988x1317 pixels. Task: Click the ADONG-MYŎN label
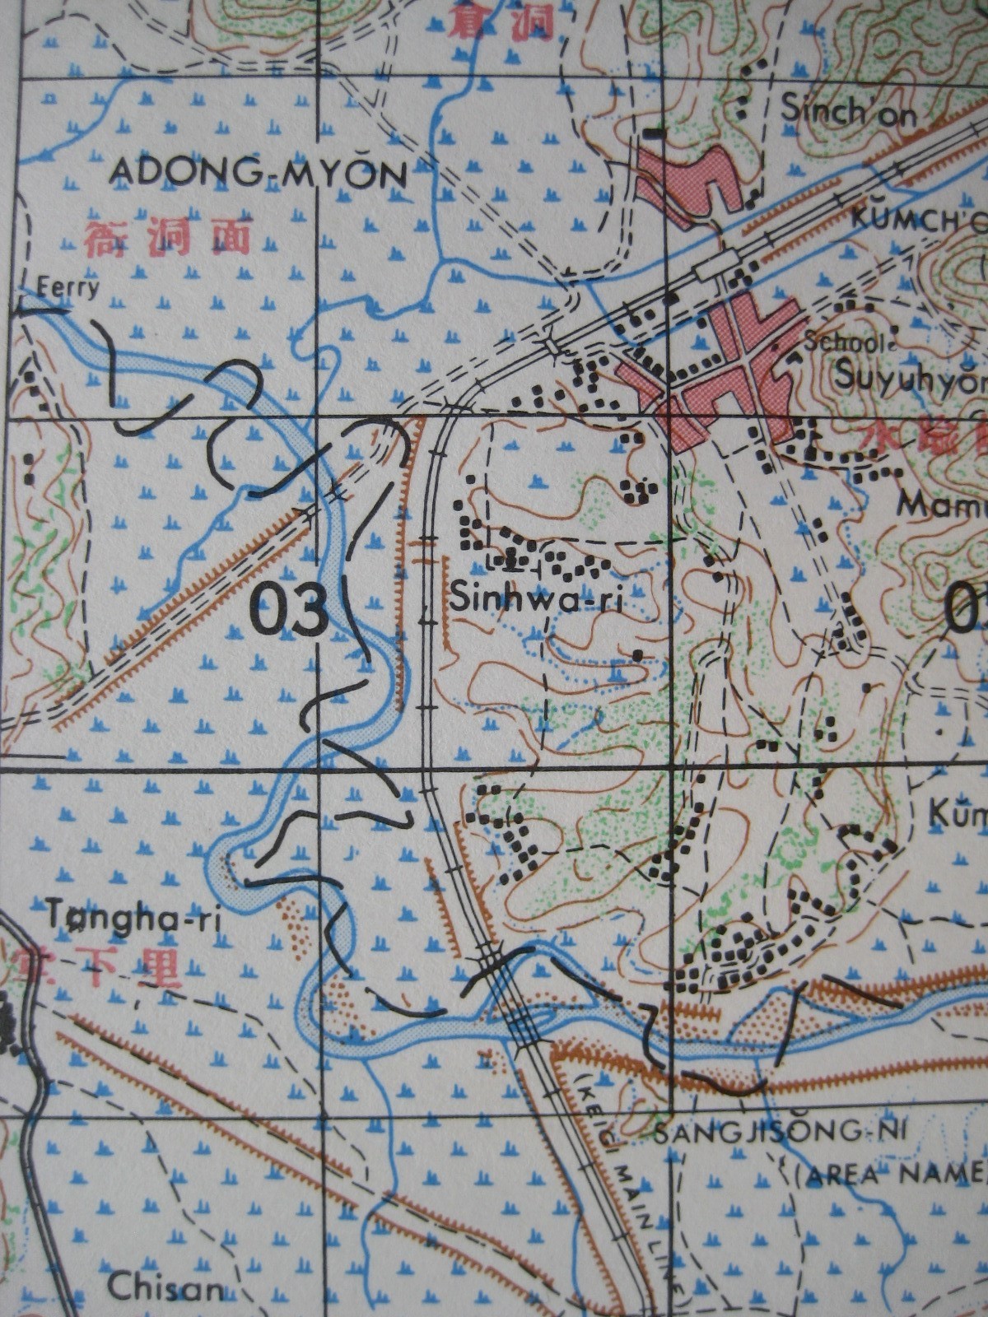click(259, 174)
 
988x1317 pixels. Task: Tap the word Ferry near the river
click(69, 287)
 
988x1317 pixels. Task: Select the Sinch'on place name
click(848, 110)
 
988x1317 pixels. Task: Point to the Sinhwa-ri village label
click(534, 598)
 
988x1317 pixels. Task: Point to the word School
click(832, 341)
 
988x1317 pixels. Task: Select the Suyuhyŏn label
click(910, 377)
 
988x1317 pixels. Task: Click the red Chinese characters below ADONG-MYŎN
click(166, 239)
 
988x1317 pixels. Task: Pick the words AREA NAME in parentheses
click(893, 1172)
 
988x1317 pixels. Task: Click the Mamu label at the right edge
click(943, 504)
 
